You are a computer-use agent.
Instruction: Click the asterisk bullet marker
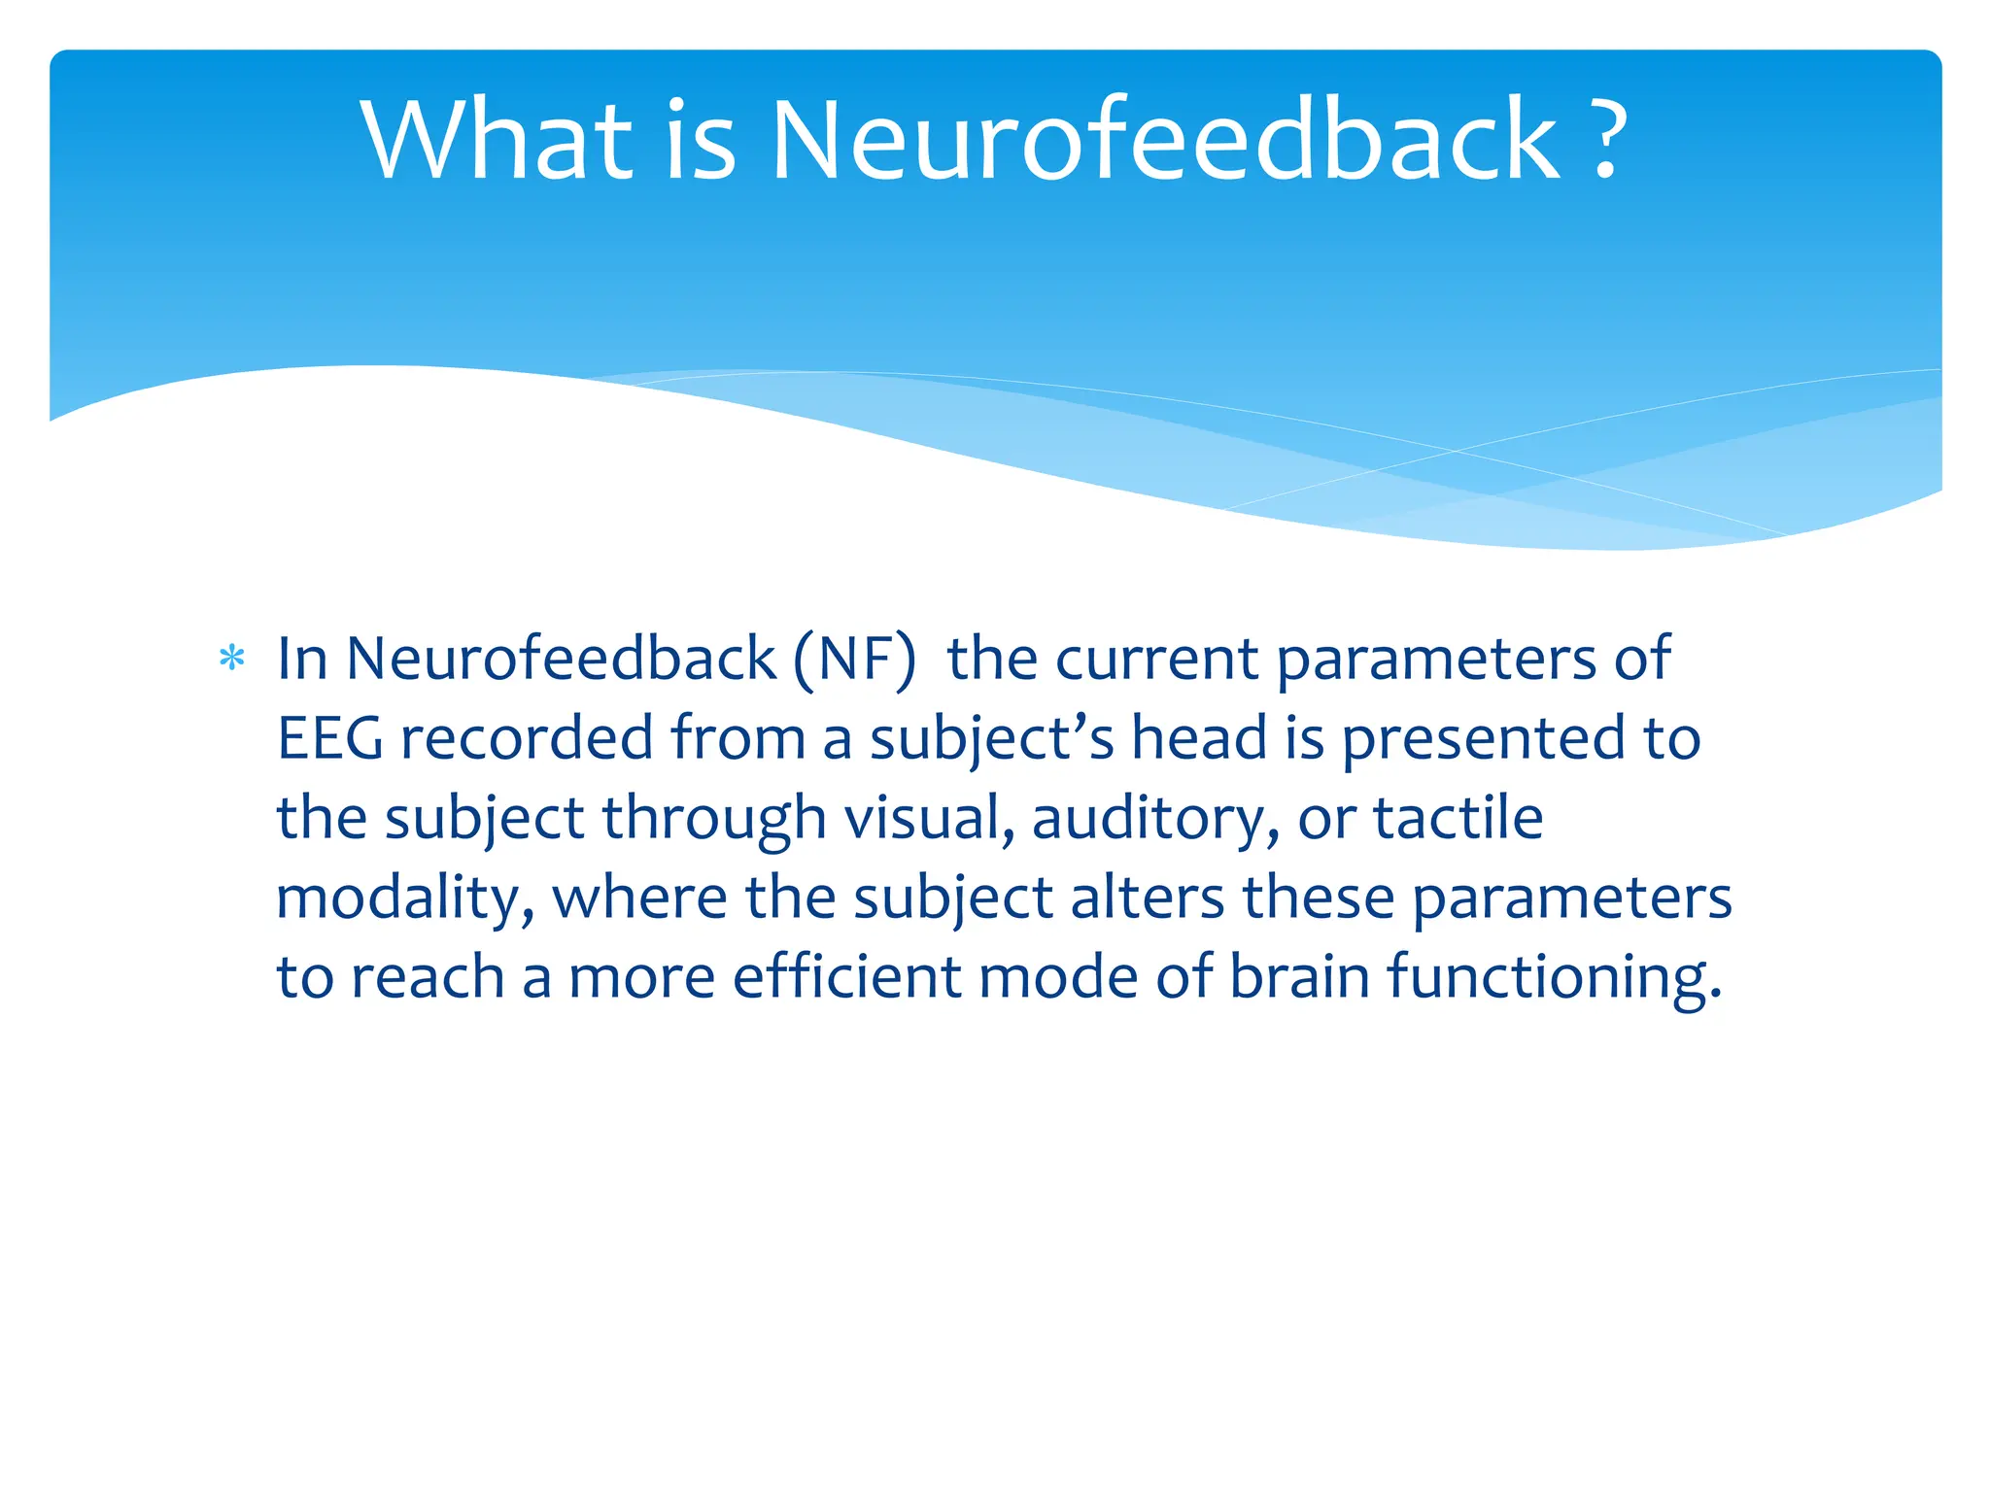click(x=232, y=661)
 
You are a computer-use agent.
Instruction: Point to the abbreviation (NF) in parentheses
click(x=854, y=660)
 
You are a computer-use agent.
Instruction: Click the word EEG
click(x=330, y=738)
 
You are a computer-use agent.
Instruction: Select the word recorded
click(x=527, y=738)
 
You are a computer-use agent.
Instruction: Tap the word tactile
click(x=1458, y=818)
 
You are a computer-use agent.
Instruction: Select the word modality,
click(x=404, y=899)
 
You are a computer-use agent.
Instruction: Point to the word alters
click(x=1147, y=898)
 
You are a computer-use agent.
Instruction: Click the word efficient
click(x=846, y=976)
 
